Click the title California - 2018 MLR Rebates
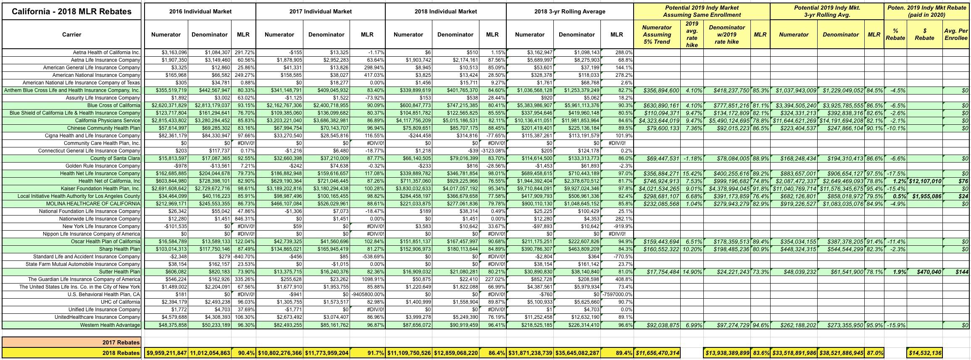click(x=71, y=11)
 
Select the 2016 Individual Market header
click(x=200, y=11)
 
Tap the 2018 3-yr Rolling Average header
click(x=570, y=11)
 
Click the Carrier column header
click(x=71, y=34)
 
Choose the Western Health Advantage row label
click(x=110, y=325)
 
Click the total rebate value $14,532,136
click(x=924, y=353)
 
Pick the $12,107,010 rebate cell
click(x=925, y=181)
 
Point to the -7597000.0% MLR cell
click(x=617, y=294)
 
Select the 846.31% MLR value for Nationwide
click(x=243, y=219)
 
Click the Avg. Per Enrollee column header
click(x=955, y=34)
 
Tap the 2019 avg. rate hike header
click(x=692, y=34)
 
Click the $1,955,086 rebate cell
click(x=925, y=196)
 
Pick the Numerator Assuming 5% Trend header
click(x=657, y=34)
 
